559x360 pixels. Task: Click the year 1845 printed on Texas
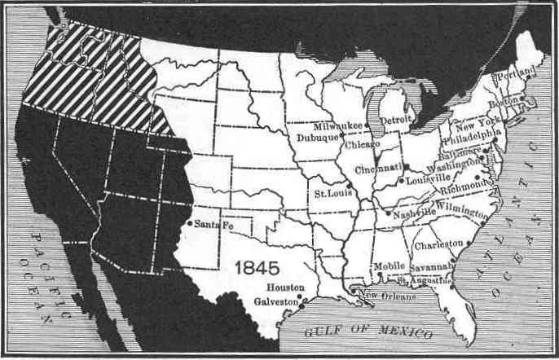click(x=257, y=267)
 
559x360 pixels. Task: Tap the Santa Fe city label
click(x=215, y=224)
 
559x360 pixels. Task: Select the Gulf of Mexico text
click(x=363, y=331)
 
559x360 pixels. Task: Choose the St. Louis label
click(x=330, y=195)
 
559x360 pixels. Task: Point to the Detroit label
click(x=398, y=120)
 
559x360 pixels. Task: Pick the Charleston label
click(x=438, y=245)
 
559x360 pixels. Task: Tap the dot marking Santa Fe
click(x=190, y=223)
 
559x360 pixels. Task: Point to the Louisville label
click(x=426, y=178)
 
